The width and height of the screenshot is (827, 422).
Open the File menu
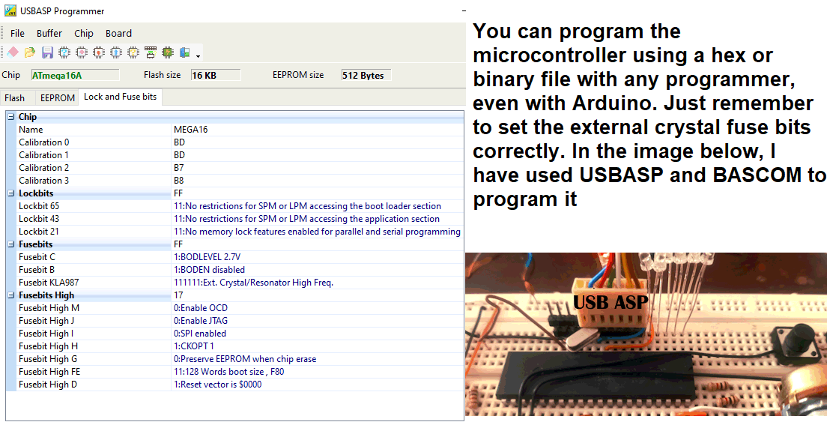point(17,33)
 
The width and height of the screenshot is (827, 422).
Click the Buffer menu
point(49,33)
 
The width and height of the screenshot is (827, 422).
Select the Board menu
point(118,33)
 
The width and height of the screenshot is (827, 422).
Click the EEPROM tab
point(58,98)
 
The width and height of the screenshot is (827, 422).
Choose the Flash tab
point(15,98)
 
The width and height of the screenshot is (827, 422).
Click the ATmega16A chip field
point(76,75)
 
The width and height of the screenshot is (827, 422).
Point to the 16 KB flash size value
point(216,75)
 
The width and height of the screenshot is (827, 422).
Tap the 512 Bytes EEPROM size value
point(366,75)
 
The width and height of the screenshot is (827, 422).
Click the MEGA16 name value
point(190,130)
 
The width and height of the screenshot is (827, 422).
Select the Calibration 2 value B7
point(179,168)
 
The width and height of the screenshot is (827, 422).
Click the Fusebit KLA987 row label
point(49,283)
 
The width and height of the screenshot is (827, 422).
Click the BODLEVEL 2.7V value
point(207,257)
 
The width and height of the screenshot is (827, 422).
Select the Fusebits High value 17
point(178,295)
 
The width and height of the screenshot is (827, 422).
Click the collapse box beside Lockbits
point(11,193)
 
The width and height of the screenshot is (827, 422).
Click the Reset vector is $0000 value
point(218,385)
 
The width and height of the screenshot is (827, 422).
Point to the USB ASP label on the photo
point(611,302)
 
